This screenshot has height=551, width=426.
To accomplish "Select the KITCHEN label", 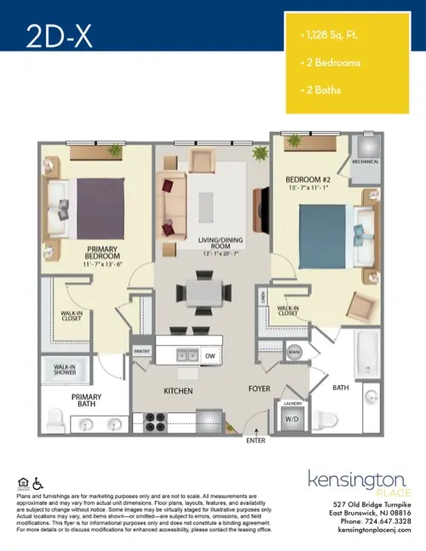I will point(179,391).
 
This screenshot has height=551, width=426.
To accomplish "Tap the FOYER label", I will point(259,391).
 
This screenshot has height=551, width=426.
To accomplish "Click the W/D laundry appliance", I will point(290,418).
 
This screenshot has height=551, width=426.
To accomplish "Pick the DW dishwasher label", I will point(210,356).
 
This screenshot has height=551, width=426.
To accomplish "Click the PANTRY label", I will point(142,350).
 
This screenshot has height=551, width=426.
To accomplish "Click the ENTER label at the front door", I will point(256,441).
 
